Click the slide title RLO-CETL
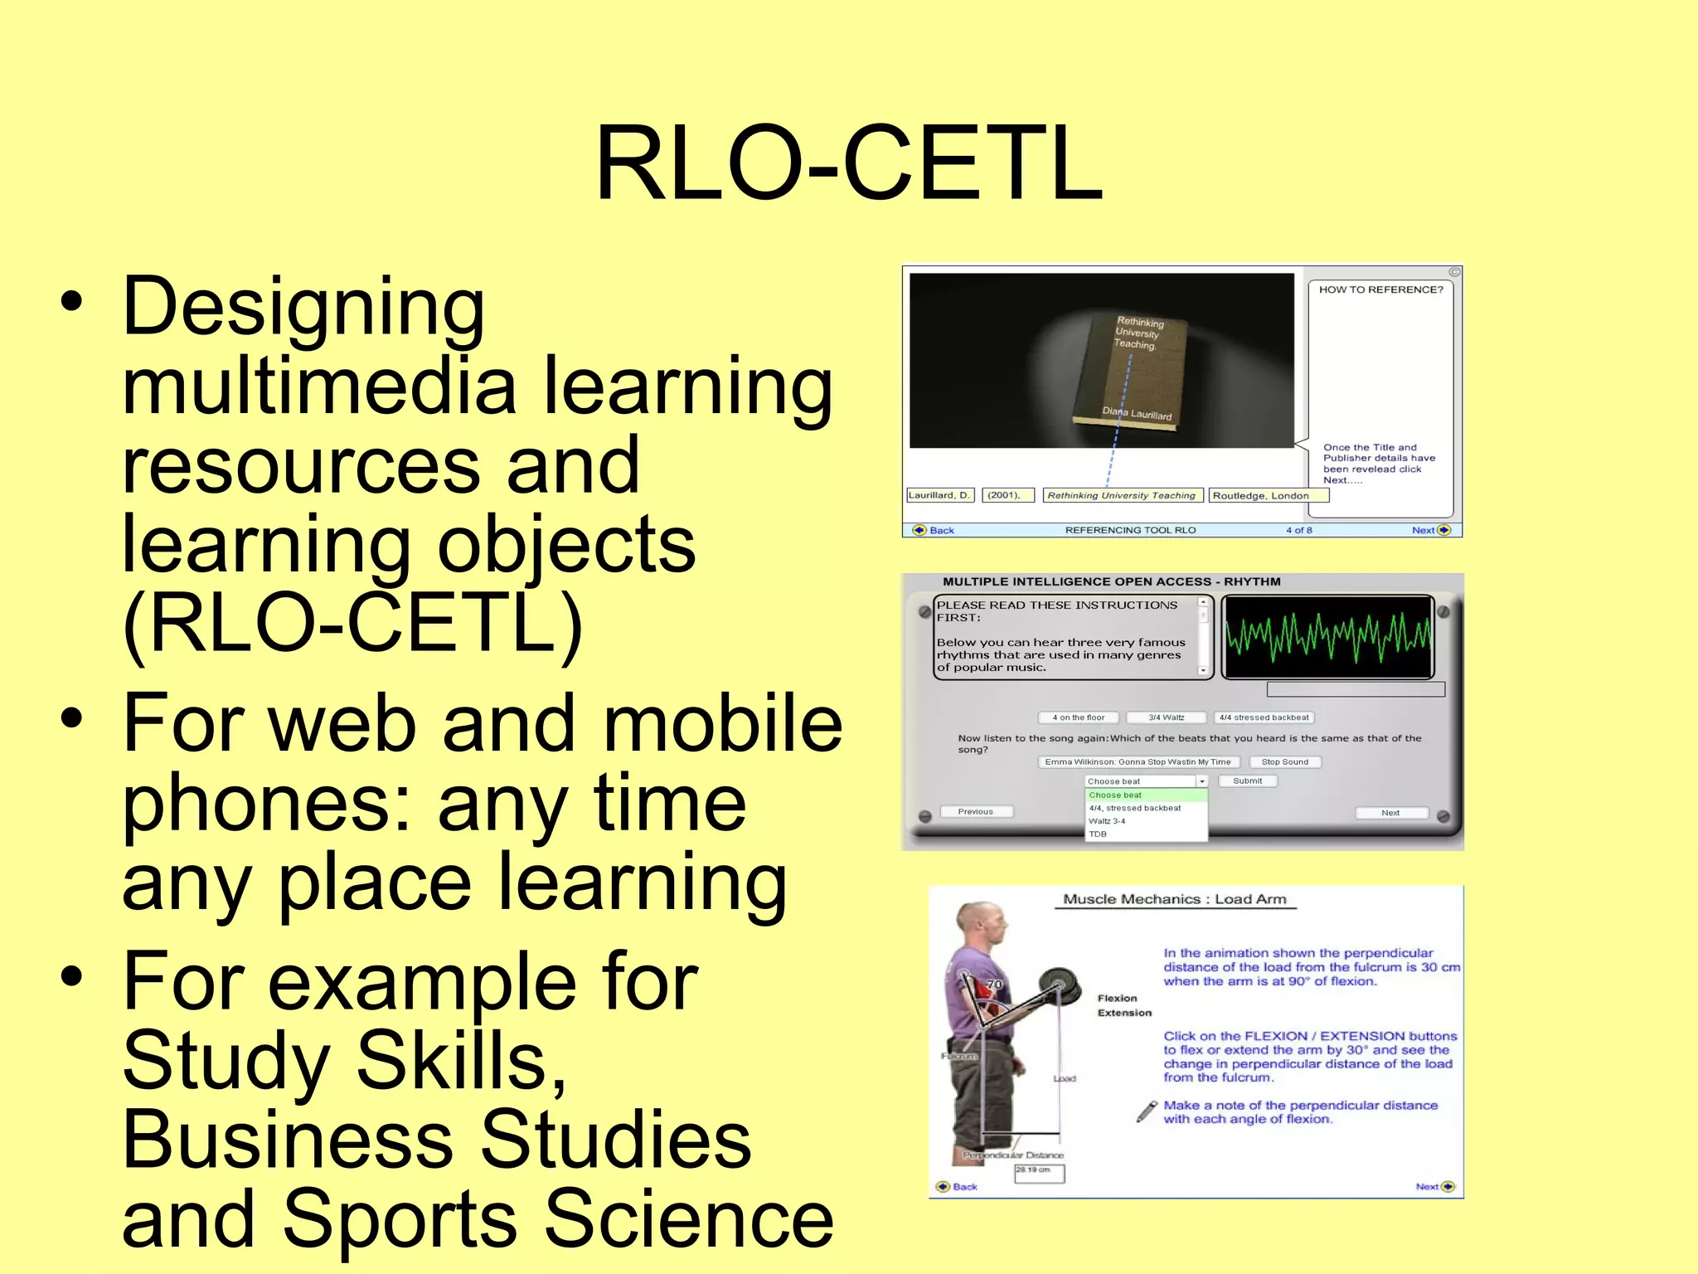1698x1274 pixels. tap(849, 163)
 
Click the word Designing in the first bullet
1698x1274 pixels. tap(303, 307)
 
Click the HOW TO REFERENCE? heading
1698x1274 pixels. tap(1380, 289)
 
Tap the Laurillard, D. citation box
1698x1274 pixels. tap(939, 495)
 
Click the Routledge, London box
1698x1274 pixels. tap(1267, 496)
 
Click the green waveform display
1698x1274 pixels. tap(1327, 637)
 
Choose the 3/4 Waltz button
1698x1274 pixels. tap(1166, 717)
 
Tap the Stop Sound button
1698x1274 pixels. tap(1284, 761)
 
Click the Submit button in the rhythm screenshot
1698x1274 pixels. tap(1247, 780)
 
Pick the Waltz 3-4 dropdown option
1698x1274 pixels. tap(1108, 821)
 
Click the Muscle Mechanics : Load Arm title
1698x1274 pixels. tap(1174, 899)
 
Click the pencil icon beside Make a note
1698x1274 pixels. tap(1147, 1111)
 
